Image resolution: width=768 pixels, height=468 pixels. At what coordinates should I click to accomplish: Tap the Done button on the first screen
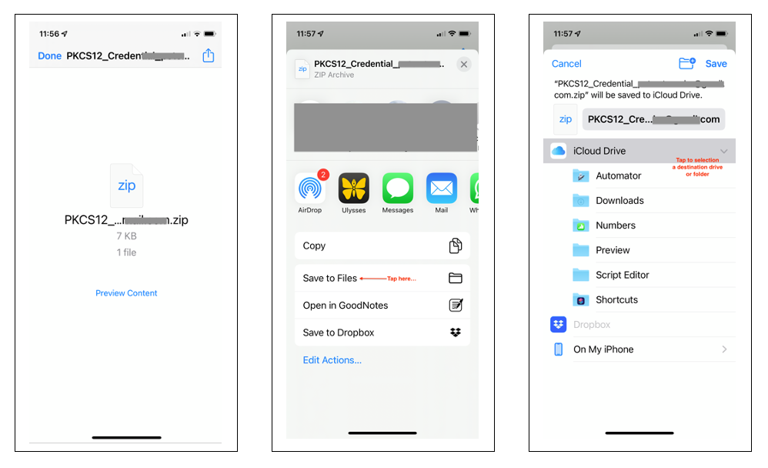[49, 56]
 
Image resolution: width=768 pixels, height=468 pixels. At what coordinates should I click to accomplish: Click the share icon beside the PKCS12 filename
[208, 56]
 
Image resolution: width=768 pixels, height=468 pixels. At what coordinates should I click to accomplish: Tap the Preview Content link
[126, 293]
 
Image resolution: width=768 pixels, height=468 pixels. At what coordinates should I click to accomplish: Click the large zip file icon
[126, 186]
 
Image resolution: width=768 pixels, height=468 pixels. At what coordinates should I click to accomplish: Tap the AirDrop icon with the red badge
[309, 189]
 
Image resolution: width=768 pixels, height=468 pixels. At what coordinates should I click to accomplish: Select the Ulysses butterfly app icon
[354, 189]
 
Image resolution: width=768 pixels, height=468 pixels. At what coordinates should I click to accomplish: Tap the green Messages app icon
[398, 189]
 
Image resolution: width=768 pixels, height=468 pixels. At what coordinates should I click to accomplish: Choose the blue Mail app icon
[442, 189]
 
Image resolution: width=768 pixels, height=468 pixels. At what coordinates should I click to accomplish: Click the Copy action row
[382, 246]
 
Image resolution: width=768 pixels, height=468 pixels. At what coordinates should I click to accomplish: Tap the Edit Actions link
[332, 360]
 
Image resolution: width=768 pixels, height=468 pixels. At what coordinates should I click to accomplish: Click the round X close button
[463, 65]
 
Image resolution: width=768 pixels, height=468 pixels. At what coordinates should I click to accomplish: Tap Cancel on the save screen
[566, 64]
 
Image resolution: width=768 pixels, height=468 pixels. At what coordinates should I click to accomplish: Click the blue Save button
[716, 64]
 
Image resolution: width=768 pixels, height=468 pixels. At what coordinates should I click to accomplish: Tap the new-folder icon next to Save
[686, 63]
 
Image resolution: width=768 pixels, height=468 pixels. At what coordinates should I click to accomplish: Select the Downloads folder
[619, 201]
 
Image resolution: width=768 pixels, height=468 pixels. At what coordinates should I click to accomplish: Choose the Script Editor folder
[622, 275]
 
